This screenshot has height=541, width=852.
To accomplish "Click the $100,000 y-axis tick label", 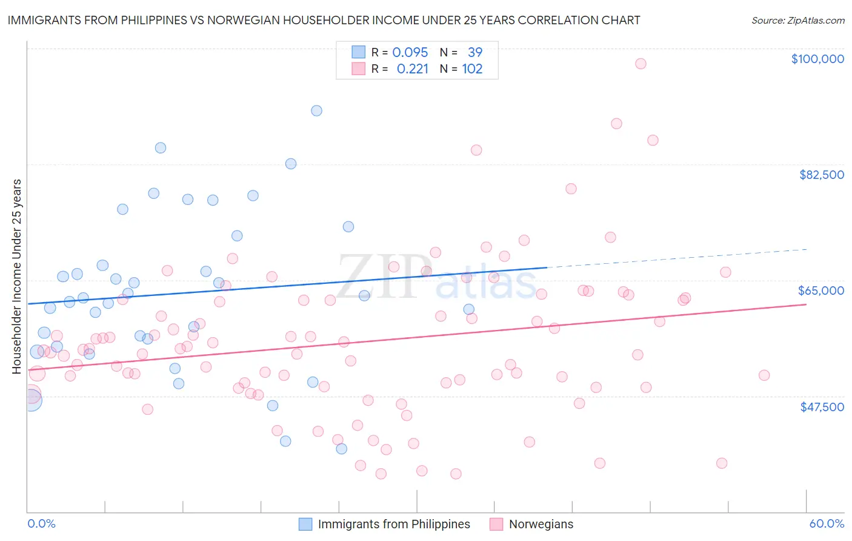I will point(817,59).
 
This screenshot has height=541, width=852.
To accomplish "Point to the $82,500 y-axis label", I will point(821,175).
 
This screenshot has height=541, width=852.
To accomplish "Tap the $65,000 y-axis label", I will point(820,291).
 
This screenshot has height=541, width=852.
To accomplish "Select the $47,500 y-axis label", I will point(822,407).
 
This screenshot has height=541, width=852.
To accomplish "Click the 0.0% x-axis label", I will point(41,523).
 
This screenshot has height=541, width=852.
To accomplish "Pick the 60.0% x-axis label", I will point(826,523).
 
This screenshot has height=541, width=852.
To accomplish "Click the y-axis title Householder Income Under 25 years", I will point(17,276).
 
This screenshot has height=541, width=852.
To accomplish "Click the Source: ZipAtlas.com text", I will point(797,21).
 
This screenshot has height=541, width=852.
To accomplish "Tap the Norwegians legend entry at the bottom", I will point(541,524).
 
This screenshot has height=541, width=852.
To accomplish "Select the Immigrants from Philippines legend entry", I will point(394,524).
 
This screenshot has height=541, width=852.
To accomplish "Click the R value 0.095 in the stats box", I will point(410,53).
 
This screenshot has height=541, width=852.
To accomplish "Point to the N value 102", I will point(472,69).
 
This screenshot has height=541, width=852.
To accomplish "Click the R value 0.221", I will point(412,69).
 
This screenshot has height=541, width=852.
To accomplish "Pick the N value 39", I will point(475,53).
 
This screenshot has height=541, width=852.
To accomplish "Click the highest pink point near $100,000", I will point(641,64).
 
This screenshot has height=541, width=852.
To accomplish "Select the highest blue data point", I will point(316,110).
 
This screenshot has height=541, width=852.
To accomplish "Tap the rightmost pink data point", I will point(764,375).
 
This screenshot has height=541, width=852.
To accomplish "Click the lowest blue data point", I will point(342,449).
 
